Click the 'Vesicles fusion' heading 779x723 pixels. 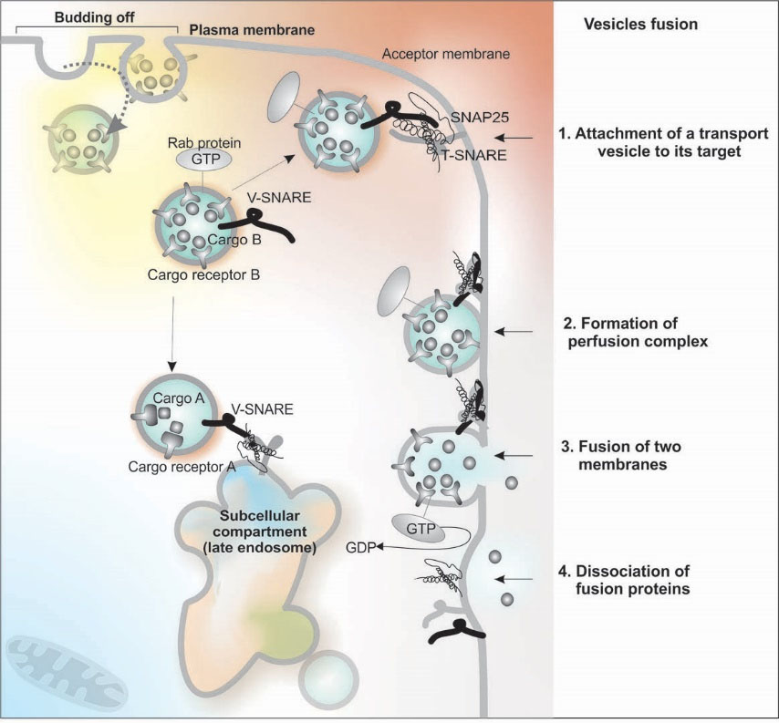click(640, 25)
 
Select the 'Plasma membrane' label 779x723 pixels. click(251, 31)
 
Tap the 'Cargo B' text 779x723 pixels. click(228, 239)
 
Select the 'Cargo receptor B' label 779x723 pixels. click(206, 274)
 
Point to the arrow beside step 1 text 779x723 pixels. click(525, 138)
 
